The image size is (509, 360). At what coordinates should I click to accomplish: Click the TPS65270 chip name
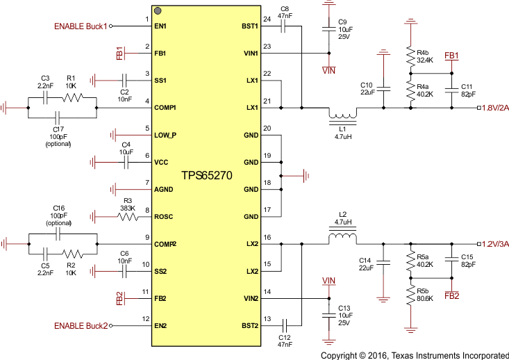point(206,177)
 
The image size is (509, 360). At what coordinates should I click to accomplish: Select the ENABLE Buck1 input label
point(81,26)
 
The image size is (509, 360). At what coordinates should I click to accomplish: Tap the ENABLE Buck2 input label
point(81,325)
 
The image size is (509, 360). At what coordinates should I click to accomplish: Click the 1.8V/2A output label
point(494,108)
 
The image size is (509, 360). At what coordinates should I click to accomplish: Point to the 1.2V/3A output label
point(494,244)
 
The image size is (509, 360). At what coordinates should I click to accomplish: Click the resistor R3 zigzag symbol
point(128,217)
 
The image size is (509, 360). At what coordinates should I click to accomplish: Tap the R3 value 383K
point(127,208)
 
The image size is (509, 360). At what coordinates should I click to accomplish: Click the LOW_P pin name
point(166,135)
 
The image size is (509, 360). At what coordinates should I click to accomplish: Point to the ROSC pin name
point(165,217)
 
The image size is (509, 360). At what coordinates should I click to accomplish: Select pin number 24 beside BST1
point(267,19)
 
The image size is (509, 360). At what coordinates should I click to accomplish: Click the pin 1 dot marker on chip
point(158,11)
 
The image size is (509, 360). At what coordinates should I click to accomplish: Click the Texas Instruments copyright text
point(415,354)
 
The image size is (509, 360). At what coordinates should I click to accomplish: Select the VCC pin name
point(162,162)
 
